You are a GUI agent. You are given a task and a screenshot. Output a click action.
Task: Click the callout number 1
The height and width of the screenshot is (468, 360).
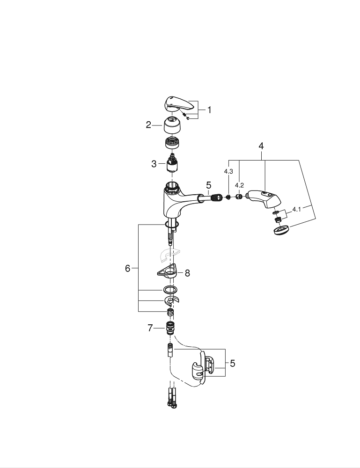click(209, 110)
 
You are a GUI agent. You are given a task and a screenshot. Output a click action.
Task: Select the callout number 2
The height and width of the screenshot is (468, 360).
click(148, 125)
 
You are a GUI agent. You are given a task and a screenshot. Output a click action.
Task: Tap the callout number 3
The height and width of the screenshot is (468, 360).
click(154, 164)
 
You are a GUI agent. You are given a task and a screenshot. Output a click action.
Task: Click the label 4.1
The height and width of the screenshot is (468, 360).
click(296, 209)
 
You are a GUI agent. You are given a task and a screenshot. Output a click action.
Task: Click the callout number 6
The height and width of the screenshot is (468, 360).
click(127, 269)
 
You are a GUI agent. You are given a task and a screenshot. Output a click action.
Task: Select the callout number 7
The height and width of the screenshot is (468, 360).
click(150, 329)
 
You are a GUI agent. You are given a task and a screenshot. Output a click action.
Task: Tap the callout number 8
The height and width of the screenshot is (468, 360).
click(187, 273)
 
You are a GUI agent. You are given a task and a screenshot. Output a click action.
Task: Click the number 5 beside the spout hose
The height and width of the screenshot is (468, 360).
click(208, 185)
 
